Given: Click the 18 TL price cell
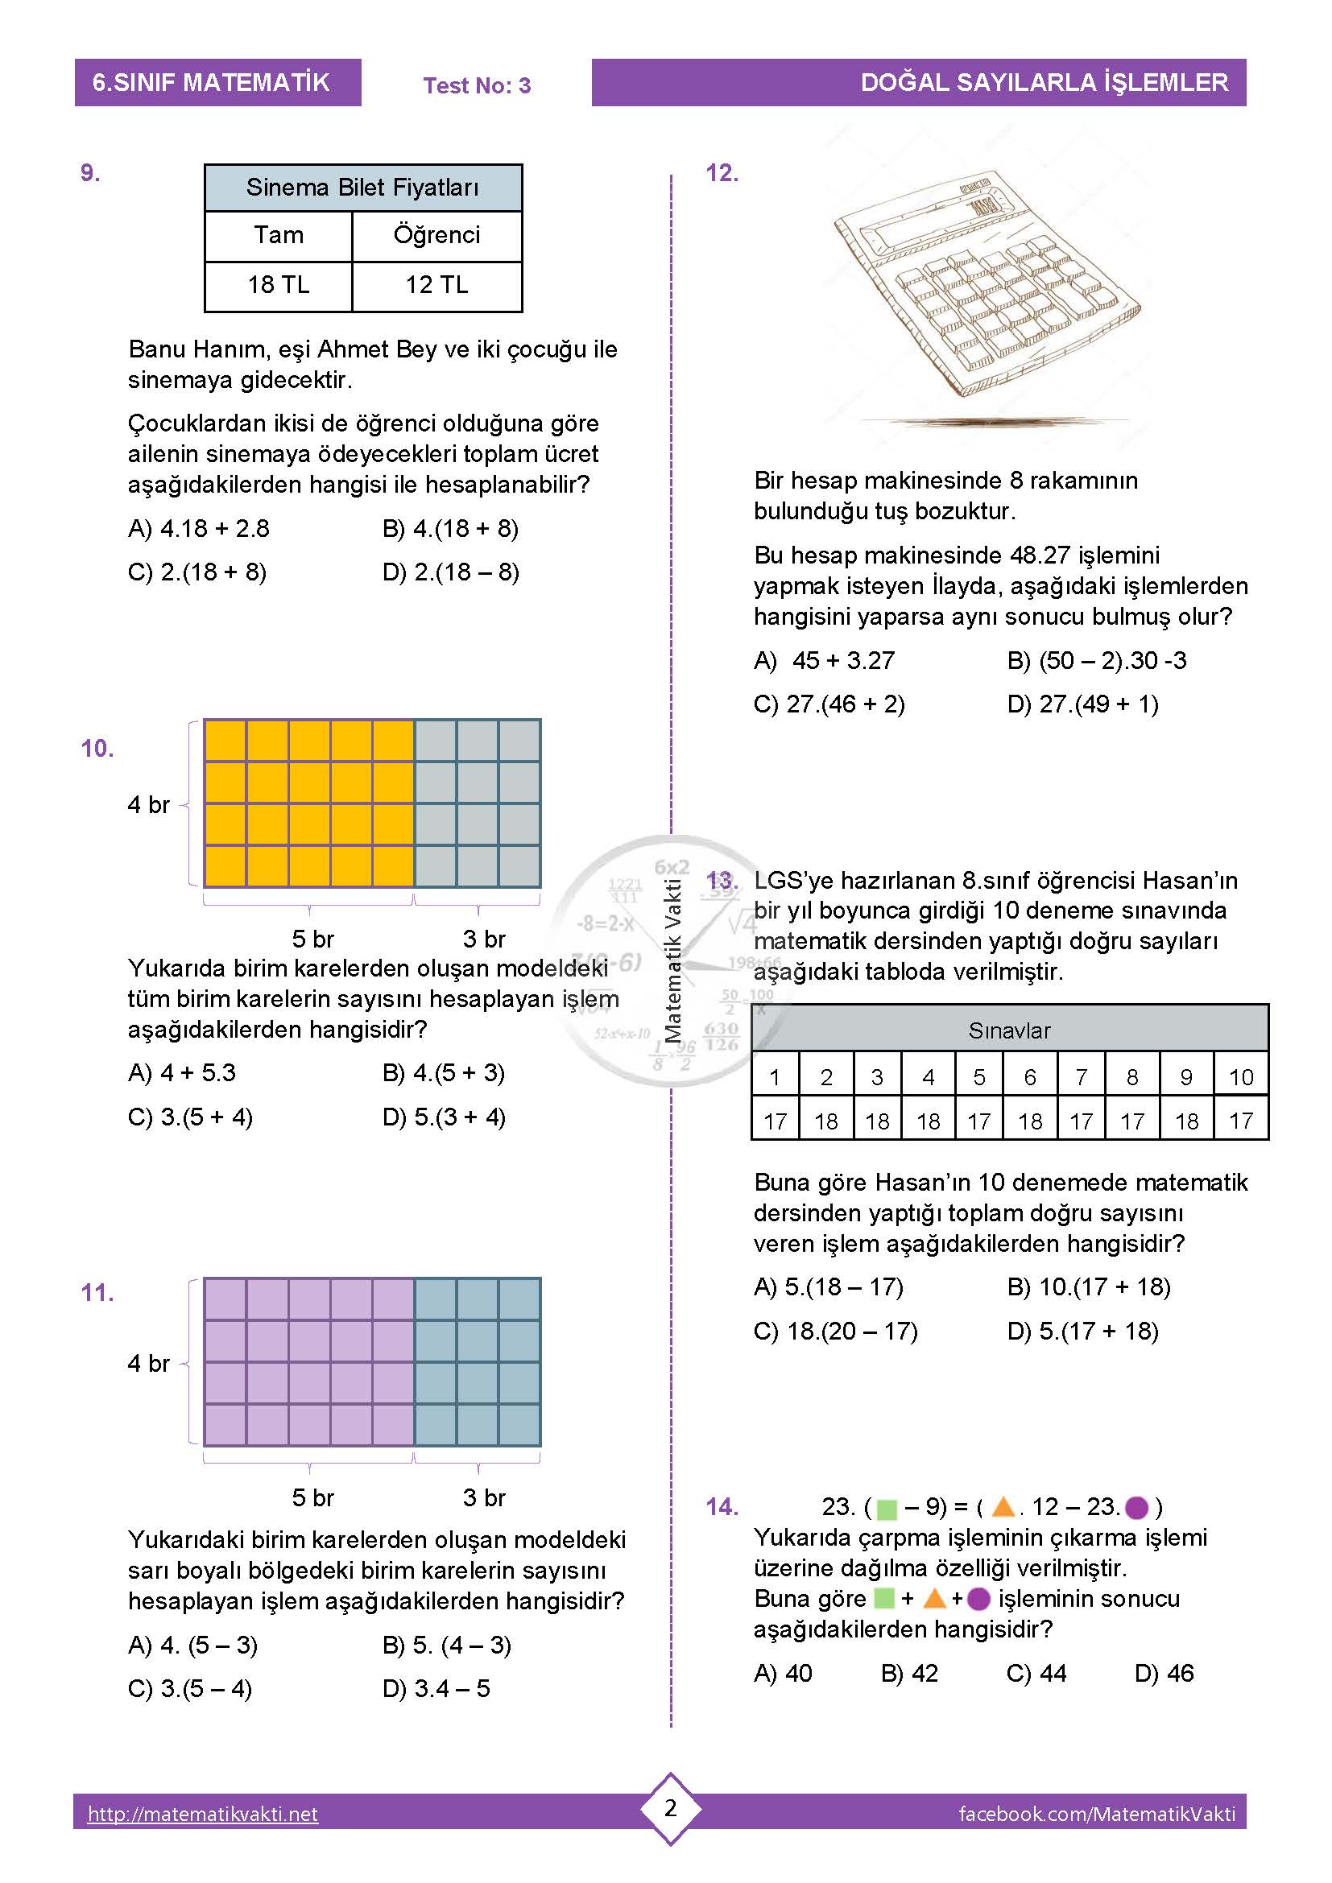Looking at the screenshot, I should coord(278,284).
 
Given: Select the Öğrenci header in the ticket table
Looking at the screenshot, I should coord(436,235).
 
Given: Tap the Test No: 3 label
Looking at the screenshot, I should coord(477,85).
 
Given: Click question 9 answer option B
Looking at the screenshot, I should coord(450,529).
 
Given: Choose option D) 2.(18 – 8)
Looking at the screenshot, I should coord(450,572).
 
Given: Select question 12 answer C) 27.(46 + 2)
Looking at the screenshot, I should coord(829,704).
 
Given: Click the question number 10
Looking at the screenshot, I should coord(97,748).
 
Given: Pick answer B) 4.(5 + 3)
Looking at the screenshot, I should coord(443,1072).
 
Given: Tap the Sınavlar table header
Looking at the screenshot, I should coord(1009,1030).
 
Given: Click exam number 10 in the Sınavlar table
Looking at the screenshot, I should coord(1240,1077).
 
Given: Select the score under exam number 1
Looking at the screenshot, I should coord(775,1121).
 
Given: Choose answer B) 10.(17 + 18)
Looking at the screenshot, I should coord(1089,1286).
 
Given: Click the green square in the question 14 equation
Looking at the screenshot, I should coord(887,1508).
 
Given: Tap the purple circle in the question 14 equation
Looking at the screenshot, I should coord(1136,1507).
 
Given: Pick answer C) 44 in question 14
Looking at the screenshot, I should coord(1036,1673).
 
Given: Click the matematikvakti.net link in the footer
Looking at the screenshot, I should coord(203,1814).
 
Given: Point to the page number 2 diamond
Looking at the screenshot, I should coord(670,1808).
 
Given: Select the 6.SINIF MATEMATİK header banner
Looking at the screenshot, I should coord(217,82).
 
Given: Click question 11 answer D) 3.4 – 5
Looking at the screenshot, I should coord(436,1689).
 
